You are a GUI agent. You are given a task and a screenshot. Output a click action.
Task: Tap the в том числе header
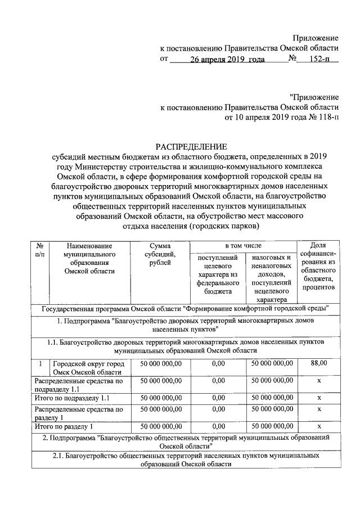[x=243, y=246]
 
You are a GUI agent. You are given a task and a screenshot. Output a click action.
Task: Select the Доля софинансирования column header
[x=319, y=267]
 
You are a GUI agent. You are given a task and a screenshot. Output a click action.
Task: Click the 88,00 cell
[x=319, y=364]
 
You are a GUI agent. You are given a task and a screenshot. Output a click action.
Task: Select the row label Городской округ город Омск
[x=90, y=368]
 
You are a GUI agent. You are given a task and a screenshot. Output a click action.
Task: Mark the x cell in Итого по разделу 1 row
[x=319, y=426]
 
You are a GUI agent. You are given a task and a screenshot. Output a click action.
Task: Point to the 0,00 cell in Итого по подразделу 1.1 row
[x=218, y=398]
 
